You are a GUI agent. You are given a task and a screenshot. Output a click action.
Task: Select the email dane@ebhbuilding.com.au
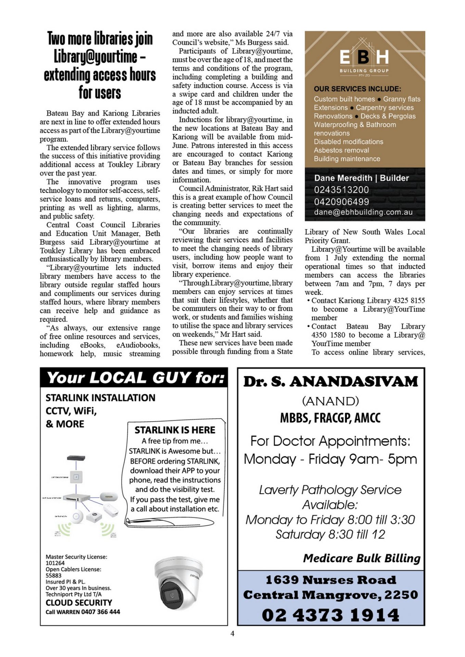363,212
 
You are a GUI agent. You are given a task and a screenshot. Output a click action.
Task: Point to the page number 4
232,633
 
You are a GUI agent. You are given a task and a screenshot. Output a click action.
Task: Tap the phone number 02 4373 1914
330,615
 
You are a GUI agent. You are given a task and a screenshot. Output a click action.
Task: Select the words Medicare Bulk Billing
362,558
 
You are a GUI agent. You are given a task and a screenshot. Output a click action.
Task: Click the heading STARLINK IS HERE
175,430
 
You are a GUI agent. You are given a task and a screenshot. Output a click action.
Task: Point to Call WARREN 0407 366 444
83,612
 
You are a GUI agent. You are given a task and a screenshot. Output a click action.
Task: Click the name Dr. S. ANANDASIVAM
330,382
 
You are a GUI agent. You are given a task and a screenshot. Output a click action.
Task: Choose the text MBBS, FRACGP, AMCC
330,418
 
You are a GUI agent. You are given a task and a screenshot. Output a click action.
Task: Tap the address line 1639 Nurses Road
330,580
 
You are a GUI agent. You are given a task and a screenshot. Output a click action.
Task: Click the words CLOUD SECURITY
79,603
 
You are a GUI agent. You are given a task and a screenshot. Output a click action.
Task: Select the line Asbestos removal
341,150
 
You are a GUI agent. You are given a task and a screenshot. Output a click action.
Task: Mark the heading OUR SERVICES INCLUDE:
357,89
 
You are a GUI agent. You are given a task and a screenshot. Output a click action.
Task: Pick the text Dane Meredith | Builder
361,178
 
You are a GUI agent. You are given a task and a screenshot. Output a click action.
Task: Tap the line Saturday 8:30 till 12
330,534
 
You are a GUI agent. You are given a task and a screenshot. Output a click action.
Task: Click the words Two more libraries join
100,39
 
